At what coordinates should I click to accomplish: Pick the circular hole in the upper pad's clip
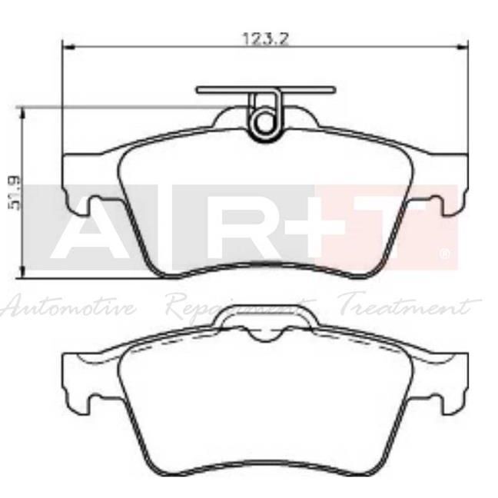(265, 121)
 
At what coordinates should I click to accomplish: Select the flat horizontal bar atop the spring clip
(265, 90)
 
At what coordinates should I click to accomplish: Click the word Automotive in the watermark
(69, 309)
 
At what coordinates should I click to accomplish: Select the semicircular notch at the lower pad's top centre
(265, 335)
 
